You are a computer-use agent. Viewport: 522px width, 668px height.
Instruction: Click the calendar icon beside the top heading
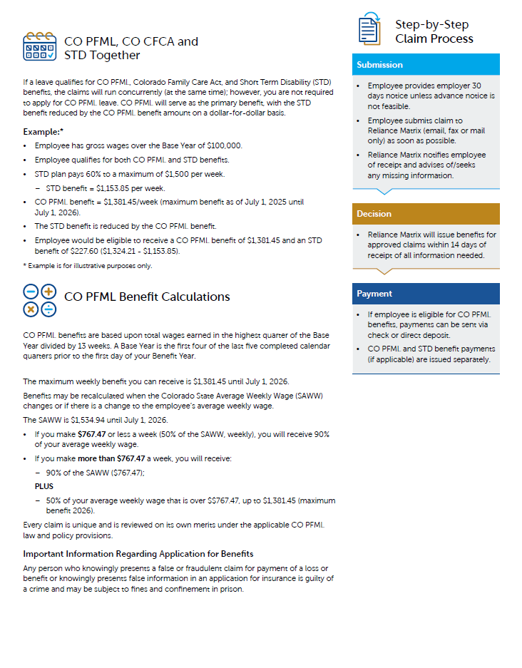tap(39, 46)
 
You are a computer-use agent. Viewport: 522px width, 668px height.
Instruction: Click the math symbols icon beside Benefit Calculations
tap(39, 300)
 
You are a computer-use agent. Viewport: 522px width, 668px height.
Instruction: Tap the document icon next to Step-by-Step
tap(369, 29)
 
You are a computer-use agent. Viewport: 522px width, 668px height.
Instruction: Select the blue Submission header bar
tap(426, 65)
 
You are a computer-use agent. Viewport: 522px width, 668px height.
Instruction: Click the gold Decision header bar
tap(426, 214)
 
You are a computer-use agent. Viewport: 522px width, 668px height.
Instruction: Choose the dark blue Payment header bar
tap(426, 294)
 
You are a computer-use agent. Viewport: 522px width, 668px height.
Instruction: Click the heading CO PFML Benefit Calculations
tap(147, 297)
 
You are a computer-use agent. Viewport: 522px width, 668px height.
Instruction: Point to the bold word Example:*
tap(43, 132)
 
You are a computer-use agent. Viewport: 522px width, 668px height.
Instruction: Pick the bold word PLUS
tap(44, 486)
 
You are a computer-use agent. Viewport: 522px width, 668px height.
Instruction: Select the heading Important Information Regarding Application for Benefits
tap(138, 554)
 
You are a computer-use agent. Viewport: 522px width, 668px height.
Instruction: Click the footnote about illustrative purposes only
tap(88, 266)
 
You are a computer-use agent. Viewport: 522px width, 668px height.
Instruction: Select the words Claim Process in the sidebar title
tap(434, 38)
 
